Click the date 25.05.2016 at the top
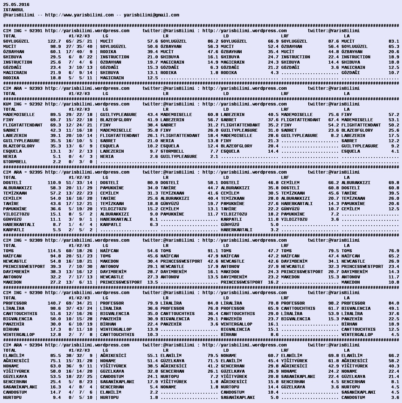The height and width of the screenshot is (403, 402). (x=16, y=4)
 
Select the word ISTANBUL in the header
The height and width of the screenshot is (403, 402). (x=13, y=10)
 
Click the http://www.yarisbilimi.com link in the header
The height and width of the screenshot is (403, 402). (x=79, y=15)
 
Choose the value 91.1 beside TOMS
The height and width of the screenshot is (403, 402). (x=212, y=251)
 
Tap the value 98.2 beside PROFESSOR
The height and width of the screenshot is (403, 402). (x=333, y=303)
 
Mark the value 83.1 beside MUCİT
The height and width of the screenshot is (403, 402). (x=393, y=41)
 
